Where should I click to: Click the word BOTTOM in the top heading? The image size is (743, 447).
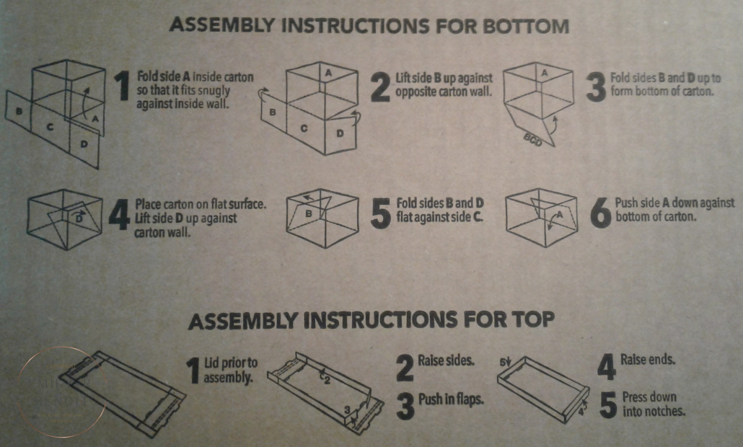[525, 25]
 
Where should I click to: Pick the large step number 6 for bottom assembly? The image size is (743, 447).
[601, 213]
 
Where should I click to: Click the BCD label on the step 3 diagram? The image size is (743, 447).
[533, 140]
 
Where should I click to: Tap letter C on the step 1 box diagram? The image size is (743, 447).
[50, 126]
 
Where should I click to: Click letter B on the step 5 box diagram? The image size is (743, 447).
[309, 213]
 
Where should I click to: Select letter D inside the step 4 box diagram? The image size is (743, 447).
[79, 218]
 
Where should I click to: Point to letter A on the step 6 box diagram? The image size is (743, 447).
[559, 215]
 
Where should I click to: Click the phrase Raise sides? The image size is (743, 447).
[446, 360]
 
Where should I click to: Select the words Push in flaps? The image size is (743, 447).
[451, 399]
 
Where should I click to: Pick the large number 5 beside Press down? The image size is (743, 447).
[608, 405]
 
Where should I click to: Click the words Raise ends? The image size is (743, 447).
[648, 359]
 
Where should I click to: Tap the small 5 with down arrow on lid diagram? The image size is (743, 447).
[506, 362]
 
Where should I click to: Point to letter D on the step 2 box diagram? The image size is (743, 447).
[340, 133]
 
